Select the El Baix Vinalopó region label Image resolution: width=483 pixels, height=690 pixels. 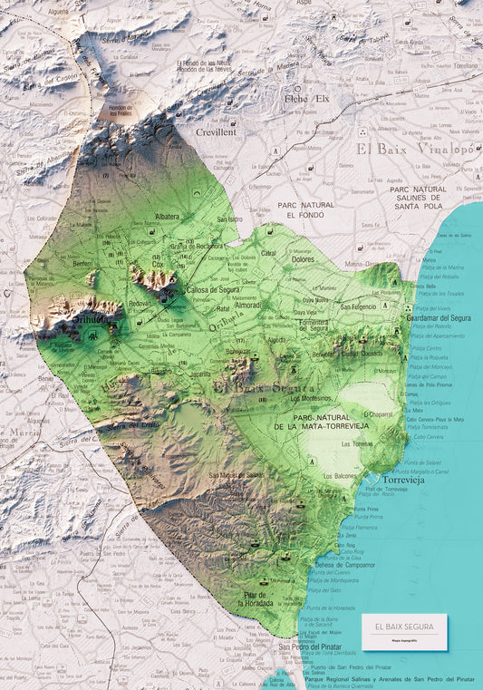(414, 148)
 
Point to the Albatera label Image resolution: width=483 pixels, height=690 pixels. (169, 218)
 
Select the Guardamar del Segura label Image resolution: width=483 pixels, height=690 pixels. (437, 317)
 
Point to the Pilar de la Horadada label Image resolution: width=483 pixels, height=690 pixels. (258, 598)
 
